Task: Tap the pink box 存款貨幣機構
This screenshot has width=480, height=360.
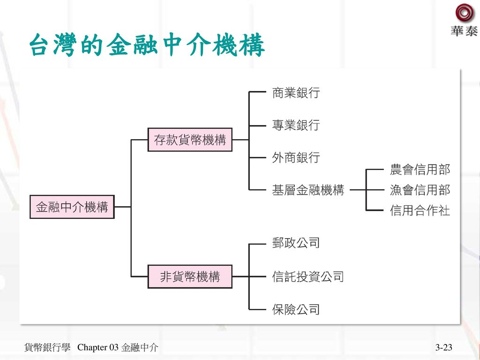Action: point(190,140)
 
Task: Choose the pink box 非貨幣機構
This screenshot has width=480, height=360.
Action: point(190,277)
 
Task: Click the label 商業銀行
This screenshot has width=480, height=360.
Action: point(296,93)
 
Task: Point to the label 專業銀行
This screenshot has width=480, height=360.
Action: point(296,125)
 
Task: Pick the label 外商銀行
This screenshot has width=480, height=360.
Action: point(296,158)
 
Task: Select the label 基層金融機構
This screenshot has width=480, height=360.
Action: point(308,190)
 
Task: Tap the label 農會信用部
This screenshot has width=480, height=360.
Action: point(420,169)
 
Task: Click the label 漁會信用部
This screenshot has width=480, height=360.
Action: point(420,190)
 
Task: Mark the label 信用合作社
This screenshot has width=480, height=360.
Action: point(420,211)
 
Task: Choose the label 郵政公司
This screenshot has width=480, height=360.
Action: point(296,243)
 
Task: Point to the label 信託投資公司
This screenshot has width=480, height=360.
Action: point(308,277)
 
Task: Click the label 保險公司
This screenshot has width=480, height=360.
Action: point(296,309)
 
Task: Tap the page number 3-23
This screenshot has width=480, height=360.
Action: point(443,347)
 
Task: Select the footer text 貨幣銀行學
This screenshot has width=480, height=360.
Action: point(47,347)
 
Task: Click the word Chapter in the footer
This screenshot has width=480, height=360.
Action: point(92,347)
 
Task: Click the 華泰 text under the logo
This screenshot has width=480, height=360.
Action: point(464,31)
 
